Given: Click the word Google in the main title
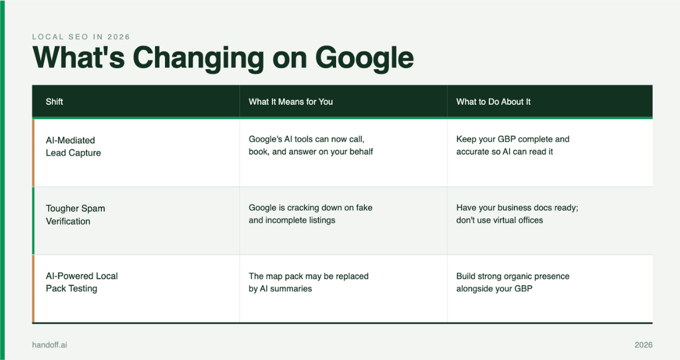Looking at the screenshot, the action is click(x=364, y=58).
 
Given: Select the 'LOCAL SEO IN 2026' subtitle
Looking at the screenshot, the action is click(x=81, y=37).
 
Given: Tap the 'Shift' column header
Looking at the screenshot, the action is click(x=54, y=101).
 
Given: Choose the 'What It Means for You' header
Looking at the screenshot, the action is click(x=291, y=101).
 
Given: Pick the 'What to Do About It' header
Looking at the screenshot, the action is click(x=494, y=101).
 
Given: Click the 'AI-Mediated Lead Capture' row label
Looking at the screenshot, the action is click(x=73, y=146).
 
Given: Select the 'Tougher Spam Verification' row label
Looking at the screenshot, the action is click(x=75, y=215).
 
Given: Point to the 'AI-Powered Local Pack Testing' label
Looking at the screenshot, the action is click(x=82, y=282).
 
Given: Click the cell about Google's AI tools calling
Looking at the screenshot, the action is click(x=311, y=145).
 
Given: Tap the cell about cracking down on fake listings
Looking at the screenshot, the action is click(x=311, y=214).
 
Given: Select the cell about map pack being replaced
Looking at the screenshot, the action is click(x=308, y=282).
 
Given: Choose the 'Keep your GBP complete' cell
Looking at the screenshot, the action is click(x=513, y=145).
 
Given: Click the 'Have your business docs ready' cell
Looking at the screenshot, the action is click(x=517, y=214).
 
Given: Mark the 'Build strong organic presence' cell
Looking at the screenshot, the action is click(x=513, y=282).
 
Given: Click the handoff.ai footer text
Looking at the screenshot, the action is click(x=49, y=345).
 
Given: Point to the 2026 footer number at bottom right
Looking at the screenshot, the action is click(x=643, y=345).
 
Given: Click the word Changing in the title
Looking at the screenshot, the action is click(x=198, y=58).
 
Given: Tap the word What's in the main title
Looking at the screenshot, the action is click(x=78, y=57).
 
